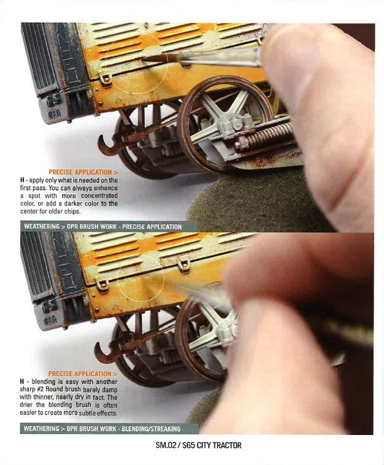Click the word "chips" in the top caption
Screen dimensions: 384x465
(72, 212)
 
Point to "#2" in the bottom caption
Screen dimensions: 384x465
(41, 390)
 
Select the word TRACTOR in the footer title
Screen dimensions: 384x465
(227, 445)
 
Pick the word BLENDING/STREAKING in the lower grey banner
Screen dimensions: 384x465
(151, 429)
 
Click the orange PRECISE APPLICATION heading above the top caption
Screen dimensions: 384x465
(83, 172)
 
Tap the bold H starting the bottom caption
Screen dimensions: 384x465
(22, 382)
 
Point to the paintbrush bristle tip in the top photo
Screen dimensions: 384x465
(143, 60)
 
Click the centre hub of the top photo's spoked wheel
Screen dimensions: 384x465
(237, 124)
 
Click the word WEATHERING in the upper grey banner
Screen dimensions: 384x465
(42, 227)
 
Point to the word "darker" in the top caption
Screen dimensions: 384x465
(73, 204)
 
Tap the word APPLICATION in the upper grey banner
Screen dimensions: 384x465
(164, 227)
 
